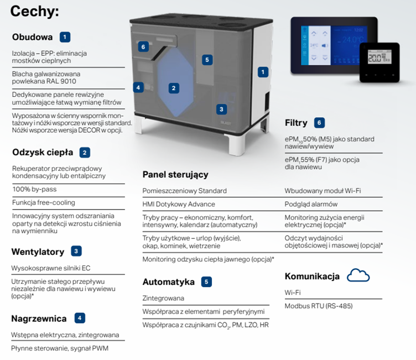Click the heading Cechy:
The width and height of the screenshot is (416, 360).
pyautogui.click(x=35, y=11)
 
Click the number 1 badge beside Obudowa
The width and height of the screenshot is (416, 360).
pyautogui.click(x=65, y=37)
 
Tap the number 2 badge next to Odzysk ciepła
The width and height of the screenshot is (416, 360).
pyautogui.click(x=85, y=152)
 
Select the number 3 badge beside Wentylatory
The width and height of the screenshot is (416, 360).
pyautogui.click(x=76, y=251)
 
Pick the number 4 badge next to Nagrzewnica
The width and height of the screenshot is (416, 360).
pyautogui.click(x=80, y=318)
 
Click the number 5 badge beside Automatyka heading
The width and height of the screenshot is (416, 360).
pyautogui.click(x=206, y=282)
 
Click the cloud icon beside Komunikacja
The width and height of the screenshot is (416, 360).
pyautogui.click(x=357, y=275)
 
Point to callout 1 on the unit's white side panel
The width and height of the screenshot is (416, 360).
pyautogui.click(x=263, y=71)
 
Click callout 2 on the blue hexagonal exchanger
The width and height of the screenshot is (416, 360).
pyautogui.click(x=173, y=88)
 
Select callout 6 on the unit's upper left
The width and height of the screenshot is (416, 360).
pyautogui.click(x=143, y=47)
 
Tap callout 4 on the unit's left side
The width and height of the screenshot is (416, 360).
pyautogui.click(x=138, y=87)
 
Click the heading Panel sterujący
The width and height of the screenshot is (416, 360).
pyautogui.click(x=175, y=175)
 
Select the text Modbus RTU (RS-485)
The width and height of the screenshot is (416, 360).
pyautogui.click(x=318, y=306)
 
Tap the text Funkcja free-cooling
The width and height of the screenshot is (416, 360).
pyautogui.click(x=44, y=202)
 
